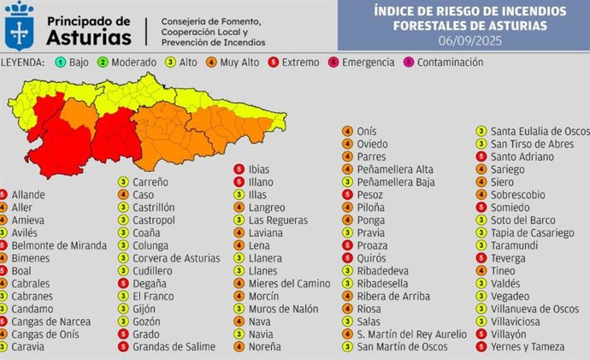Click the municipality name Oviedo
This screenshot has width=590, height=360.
(373, 144)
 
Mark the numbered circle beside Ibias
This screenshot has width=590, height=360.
(238, 169)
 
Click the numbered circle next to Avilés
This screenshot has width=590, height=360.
(4, 232)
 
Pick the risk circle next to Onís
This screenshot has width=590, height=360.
(347, 131)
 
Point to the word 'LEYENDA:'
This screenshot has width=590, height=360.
(23, 62)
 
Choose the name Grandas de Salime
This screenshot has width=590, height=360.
(174, 346)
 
